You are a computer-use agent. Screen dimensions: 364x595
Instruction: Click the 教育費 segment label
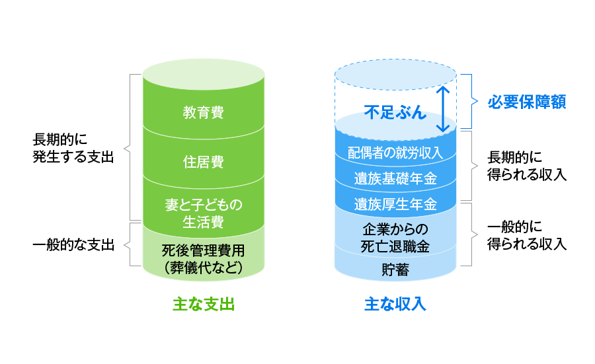[x=203, y=112]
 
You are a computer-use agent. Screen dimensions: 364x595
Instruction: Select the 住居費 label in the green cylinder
[x=203, y=162]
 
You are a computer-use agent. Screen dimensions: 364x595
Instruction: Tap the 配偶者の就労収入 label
[x=395, y=153]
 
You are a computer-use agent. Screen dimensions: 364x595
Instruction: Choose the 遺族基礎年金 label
[x=395, y=178]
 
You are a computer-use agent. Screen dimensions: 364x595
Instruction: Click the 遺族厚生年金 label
[x=395, y=203]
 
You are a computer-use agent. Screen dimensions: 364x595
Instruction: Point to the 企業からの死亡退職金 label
[x=395, y=238]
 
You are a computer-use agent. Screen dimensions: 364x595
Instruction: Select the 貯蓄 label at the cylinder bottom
[x=395, y=270]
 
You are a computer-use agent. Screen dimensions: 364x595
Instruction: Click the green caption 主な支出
[x=204, y=305]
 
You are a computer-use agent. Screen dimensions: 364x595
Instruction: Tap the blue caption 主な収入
[x=395, y=305]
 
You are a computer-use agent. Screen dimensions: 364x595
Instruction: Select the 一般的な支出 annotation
[x=73, y=245]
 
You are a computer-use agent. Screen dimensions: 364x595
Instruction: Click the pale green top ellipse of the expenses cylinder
[x=203, y=71]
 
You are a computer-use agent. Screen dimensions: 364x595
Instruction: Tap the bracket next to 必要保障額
[x=472, y=101]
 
